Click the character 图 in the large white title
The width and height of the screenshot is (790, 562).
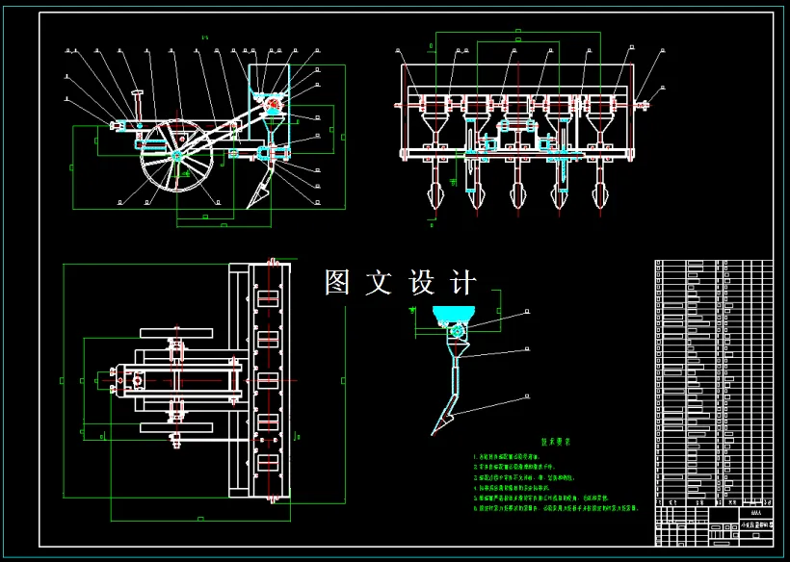tap(337, 283)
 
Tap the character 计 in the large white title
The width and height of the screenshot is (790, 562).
tap(463, 283)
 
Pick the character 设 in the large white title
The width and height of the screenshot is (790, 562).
tap(422, 283)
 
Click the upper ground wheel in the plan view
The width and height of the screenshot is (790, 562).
tap(176, 333)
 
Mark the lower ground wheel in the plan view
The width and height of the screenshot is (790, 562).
tap(176, 426)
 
